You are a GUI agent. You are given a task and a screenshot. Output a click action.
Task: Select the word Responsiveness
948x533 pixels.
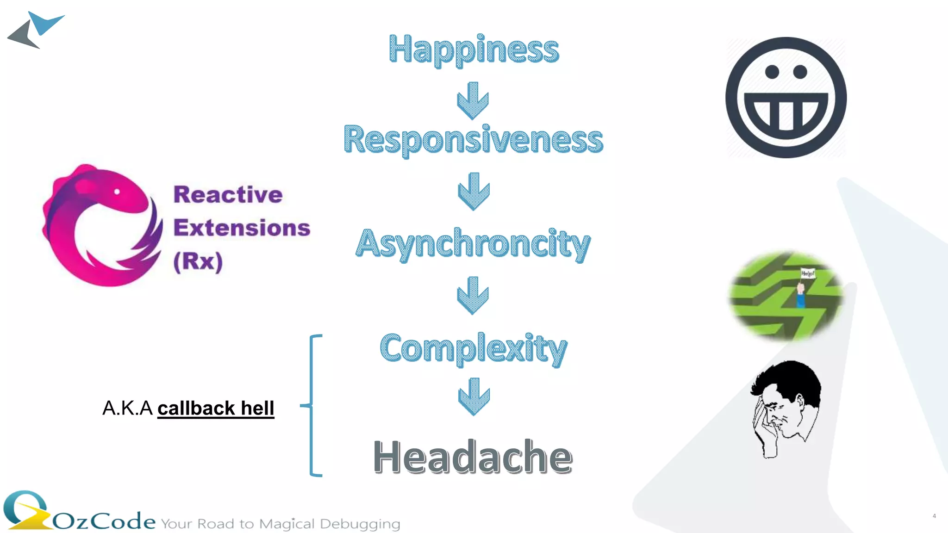click(473, 139)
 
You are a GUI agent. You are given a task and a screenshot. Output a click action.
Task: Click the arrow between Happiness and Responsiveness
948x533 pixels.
click(473, 100)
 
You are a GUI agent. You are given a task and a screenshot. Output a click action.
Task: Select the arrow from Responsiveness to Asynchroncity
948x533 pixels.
click(474, 191)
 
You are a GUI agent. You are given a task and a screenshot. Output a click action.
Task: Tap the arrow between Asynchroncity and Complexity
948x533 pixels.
click(473, 295)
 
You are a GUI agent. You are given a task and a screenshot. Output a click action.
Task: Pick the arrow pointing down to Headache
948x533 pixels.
click(474, 396)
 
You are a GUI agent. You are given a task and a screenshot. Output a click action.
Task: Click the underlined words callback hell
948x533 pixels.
click(216, 408)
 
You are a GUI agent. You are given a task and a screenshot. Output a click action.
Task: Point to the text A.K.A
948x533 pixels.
click(127, 408)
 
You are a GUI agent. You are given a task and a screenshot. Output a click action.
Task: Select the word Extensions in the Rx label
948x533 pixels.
click(242, 228)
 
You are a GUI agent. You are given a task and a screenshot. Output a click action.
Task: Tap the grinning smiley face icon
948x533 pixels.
click(786, 98)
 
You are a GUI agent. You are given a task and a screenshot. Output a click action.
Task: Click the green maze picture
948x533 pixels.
click(786, 296)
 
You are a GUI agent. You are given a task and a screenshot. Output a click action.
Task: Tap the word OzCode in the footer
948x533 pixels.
click(104, 521)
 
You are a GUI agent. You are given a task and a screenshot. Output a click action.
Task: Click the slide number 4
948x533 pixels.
click(934, 516)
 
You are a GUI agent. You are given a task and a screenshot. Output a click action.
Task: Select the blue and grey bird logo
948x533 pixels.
click(36, 30)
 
